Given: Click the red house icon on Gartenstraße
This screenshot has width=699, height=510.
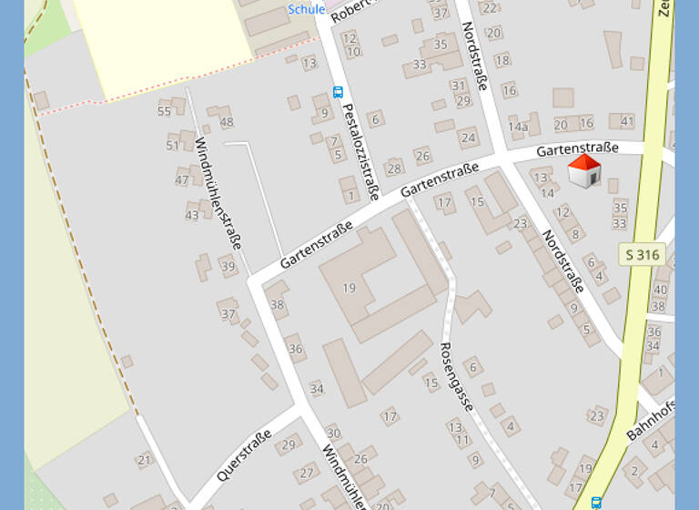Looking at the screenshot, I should tap(584, 171).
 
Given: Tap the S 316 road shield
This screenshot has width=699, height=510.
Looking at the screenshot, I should tap(643, 255).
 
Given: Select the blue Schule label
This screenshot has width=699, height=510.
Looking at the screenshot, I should tap(306, 9).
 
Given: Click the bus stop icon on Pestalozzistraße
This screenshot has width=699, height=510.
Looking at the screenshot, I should tap(338, 92).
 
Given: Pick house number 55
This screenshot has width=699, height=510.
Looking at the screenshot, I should tap(164, 111).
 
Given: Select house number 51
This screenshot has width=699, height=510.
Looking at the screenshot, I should tap(173, 145).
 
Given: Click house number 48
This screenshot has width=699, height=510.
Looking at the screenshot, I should tap(227, 122).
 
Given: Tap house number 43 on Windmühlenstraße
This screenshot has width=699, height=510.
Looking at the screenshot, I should tap(192, 215).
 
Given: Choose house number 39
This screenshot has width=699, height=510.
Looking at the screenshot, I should tap(228, 267).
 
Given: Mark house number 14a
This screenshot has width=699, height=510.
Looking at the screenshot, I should tap(518, 127).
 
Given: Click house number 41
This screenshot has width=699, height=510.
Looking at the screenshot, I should tap(627, 120).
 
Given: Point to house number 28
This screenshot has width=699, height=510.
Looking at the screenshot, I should tap(393, 168).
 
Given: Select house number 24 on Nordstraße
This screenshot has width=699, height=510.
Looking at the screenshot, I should tap(468, 138).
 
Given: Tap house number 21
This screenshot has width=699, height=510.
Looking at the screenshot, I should tap(145, 460).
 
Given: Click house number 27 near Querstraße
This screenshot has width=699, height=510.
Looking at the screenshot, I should tap(307, 473).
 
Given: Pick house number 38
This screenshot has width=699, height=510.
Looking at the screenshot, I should tap(278, 304).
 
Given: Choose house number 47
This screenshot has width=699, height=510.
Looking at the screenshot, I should tap(182, 179).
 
